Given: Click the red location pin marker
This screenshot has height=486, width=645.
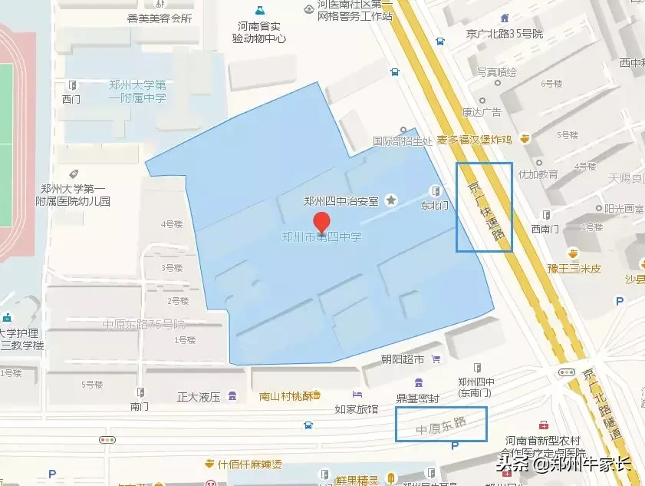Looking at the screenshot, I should pos(322,223).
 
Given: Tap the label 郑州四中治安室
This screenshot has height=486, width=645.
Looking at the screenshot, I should pos(341,201).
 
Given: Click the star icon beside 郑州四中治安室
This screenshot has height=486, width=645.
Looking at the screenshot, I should pos(392,200).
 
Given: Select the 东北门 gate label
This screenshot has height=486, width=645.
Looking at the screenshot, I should pos(435,205).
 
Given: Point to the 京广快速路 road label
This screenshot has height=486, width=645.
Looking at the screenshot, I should pos(482,207).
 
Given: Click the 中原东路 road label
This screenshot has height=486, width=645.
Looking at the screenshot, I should pos(440,425).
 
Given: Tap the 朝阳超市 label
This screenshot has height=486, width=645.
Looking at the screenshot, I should pos(403,359).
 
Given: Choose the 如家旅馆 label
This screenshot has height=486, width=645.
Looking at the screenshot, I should pos(357,409).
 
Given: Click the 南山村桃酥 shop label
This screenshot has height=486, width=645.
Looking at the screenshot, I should pos(286,396).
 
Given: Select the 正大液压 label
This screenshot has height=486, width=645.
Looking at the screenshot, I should pos(199,397).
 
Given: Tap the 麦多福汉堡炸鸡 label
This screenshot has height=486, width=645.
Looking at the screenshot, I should pos(473,140).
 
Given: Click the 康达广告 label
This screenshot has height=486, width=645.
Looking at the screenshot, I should pos(481,112).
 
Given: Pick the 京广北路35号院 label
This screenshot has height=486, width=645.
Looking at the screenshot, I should pos(505,34).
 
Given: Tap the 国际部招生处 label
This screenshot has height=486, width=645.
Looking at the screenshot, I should pos(399,141).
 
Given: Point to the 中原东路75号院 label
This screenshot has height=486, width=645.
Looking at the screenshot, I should pos(144,324).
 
